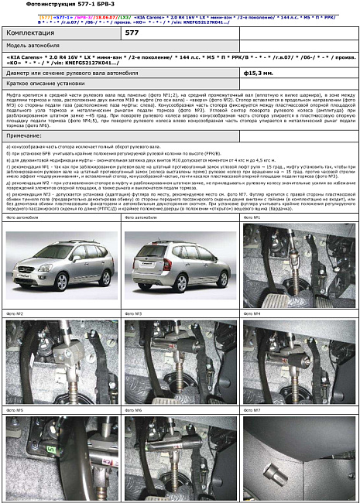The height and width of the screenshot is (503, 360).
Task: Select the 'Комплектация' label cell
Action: pyautogui.click(x=30, y=33)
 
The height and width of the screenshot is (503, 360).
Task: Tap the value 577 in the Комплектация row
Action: pyautogui.click(x=132, y=33)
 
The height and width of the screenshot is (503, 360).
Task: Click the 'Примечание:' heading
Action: pyautogui.click(x=28, y=135)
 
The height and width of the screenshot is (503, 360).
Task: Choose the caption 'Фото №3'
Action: pyautogui.click(x=133, y=313)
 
